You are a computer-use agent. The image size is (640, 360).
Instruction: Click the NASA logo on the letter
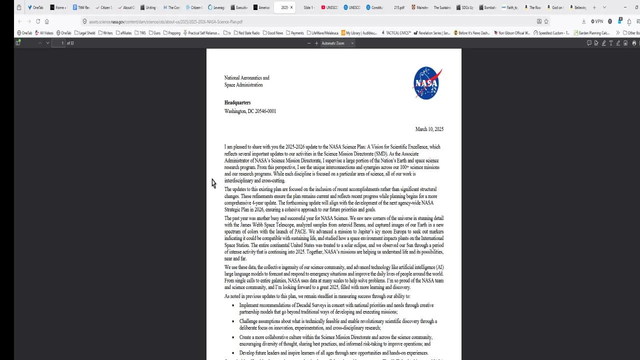point(427,83)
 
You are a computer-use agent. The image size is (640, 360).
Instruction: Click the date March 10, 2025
point(429,129)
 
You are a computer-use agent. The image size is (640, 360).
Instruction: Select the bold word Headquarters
point(237,102)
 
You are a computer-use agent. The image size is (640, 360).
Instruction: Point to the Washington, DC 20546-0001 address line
point(250,111)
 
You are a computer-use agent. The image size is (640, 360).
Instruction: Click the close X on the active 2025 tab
point(291,7)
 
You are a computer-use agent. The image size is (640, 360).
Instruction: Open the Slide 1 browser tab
point(308,7)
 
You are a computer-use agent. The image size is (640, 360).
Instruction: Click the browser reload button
point(37,21)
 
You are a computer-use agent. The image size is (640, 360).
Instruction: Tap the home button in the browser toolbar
point(46,21)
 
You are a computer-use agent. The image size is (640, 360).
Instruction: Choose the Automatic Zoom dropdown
point(337,43)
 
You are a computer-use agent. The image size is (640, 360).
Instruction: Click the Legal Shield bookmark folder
point(85,33)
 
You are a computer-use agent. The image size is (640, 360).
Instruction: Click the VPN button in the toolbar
point(597,21)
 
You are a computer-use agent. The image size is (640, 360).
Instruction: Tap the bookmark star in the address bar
point(546,21)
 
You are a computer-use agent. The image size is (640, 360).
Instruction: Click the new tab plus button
point(594,7)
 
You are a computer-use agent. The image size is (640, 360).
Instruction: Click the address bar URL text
point(165,22)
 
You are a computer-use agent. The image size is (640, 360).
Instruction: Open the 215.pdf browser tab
point(398,7)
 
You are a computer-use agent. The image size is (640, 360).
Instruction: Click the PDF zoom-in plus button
point(316,43)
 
